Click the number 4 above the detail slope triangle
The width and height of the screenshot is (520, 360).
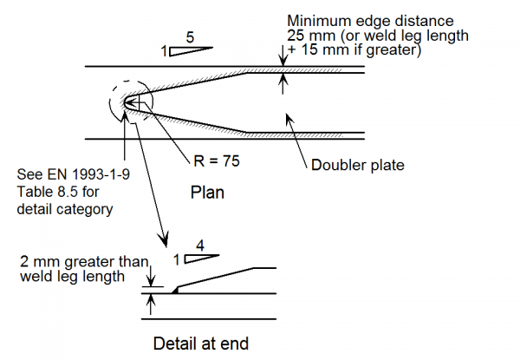(x=201, y=245)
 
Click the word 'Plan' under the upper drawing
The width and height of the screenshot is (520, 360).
(x=207, y=193)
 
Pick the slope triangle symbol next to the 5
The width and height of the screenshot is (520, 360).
(x=186, y=51)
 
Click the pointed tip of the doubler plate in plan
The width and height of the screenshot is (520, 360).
(x=125, y=101)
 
